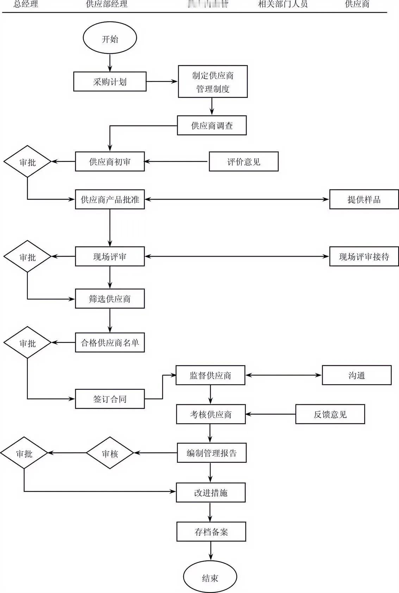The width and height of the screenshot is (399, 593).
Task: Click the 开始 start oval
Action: click(x=110, y=38)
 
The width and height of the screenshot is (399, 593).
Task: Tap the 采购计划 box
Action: click(x=110, y=82)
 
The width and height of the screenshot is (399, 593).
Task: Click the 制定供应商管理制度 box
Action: click(x=212, y=81)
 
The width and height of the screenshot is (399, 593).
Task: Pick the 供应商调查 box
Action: click(x=212, y=125)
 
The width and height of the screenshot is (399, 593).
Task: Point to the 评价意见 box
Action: click(x=243, y=162)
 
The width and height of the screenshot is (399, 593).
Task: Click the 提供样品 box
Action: click(x=364, y=199)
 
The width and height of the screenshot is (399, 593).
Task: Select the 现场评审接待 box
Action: click(x=364, y=256)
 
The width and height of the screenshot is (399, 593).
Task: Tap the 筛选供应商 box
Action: click(x=110, y=299)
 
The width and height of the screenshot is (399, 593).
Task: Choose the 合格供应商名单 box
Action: click(x=110, y=342)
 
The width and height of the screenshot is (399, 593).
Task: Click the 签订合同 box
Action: click(x=110, y=399)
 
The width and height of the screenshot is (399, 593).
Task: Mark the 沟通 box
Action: click(x=356, y=375)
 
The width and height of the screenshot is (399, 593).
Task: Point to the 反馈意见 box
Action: click(x=330, y=414)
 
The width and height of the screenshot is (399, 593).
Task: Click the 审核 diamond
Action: click(x=110, y=453)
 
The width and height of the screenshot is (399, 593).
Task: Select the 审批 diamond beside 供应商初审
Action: click(x=27, y=162)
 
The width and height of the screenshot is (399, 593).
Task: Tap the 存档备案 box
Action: click(x=211, y=531)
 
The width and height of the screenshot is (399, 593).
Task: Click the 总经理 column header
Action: click(x=26, y=4)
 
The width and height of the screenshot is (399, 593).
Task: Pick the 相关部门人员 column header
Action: click(x=282, y=4)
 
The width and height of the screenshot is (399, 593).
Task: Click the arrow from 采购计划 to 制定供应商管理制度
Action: click(x=162, y=81)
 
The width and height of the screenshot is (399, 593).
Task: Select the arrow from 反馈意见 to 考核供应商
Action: click(x=270, y=414)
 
